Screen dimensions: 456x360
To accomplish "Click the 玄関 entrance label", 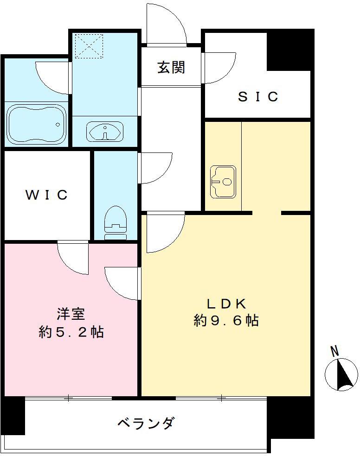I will (x=171, y=68).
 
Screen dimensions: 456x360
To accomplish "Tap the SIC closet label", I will (x=258, y=96).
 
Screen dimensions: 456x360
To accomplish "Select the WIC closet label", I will (x=46, y=195).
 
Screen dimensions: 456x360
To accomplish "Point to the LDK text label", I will (x=225, y=304).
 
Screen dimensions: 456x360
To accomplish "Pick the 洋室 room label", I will (x=71, y=315).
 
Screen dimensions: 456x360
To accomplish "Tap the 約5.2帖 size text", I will (x=71, y=332).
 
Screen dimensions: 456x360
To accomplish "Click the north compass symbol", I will (x=342, y=374).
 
